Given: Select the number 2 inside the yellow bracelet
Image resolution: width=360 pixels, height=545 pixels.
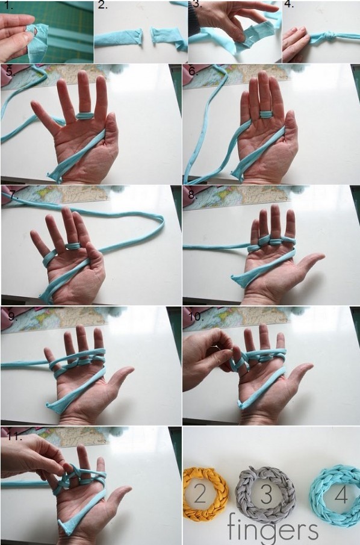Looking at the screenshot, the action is coord(200,494).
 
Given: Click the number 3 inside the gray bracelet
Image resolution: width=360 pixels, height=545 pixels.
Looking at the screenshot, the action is coord(266,494).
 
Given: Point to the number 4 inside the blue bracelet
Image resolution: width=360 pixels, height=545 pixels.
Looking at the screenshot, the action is coord(341,494).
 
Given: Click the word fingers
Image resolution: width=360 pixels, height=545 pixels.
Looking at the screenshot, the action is coord(273,529).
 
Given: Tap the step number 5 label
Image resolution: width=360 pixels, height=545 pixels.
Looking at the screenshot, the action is coord(10,71).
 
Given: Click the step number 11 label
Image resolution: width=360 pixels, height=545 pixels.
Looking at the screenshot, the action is coord(14,436).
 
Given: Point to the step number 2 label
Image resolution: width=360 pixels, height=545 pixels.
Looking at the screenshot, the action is coord(102,5).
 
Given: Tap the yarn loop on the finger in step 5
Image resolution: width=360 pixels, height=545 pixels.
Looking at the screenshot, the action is coord(85,116).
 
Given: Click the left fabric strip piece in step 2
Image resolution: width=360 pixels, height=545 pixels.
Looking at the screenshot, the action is coord(118,37).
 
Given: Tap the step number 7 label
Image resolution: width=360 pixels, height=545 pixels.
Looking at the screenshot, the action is coord(13,195).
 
